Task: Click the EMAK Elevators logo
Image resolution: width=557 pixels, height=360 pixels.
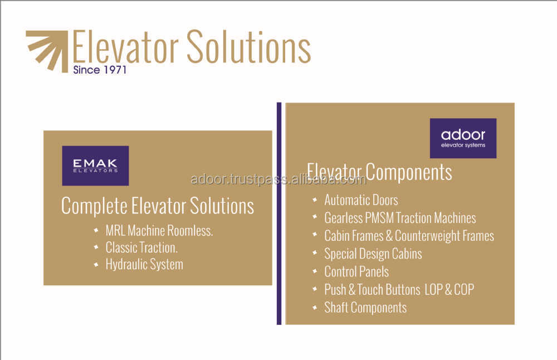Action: coord(95,166)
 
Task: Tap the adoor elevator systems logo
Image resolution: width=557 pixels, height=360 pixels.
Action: coord(463,138)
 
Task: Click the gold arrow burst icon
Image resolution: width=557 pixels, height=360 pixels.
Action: coord(47,51)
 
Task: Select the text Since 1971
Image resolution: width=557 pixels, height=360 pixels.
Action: coord(100,70)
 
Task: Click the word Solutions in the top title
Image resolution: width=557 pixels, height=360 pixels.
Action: coord(248,47)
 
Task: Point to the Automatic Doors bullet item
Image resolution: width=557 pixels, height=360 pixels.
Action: coord(361,200)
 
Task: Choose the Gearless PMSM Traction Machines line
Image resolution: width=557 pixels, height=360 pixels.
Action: coord(400,218)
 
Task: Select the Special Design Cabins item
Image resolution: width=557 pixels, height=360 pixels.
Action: coord(373,254)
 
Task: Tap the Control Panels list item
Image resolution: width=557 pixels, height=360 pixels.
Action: coord(356,272)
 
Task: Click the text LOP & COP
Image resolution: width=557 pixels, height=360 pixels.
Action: coord(449,290)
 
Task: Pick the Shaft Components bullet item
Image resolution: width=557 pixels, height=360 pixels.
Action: coord(365,308)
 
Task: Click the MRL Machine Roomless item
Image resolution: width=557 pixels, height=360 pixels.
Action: coord(159,231)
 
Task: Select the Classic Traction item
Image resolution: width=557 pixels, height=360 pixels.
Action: coord(141,247)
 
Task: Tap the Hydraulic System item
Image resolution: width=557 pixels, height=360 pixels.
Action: coord(144,264)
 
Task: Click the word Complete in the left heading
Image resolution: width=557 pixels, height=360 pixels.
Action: coord(94,206)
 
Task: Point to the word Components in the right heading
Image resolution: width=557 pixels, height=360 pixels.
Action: coord(409,172)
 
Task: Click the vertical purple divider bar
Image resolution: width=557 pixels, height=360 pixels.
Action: coord(279,213)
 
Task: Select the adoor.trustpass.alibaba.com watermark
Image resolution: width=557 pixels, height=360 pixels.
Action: coord(278,179)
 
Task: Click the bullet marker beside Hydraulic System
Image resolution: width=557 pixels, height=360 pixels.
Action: coord(96,264)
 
